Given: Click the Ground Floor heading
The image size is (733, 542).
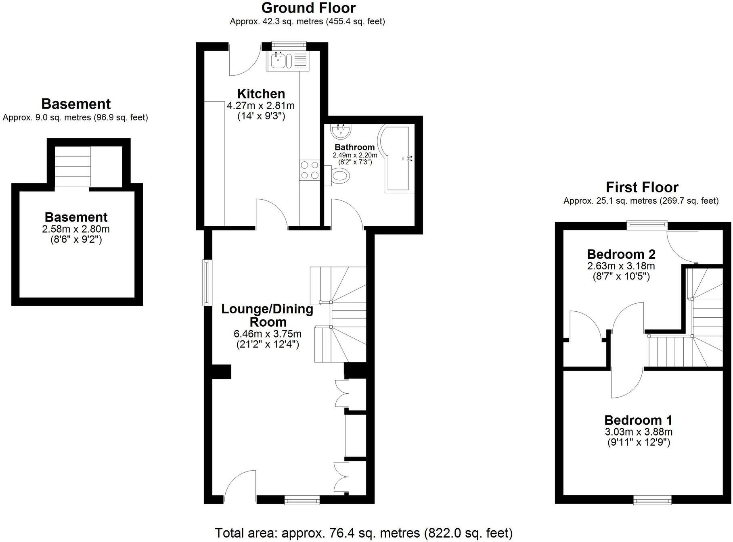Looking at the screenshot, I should coord(308,8).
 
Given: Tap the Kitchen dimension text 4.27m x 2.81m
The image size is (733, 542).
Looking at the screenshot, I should coord(261,106).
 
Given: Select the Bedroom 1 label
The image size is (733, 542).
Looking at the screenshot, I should coord(638,420).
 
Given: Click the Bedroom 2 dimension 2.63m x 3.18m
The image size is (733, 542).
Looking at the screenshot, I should coord(621,266).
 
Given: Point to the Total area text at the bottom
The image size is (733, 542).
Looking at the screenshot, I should coord(363,533).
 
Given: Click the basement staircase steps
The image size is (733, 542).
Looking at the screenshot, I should coord(73,166).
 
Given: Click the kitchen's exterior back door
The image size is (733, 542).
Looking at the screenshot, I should coord(245,60).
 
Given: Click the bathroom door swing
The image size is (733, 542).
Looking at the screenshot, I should coord(346,214).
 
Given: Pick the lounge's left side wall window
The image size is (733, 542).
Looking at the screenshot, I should coord(207,283).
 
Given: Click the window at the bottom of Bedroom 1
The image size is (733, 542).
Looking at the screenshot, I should coord(652,500).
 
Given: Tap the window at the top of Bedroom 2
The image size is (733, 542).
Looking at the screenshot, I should coord(647,225).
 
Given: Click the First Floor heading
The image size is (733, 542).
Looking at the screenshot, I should coord(642,188).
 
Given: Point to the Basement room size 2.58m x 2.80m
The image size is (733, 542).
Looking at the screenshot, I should coord(76,229).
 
